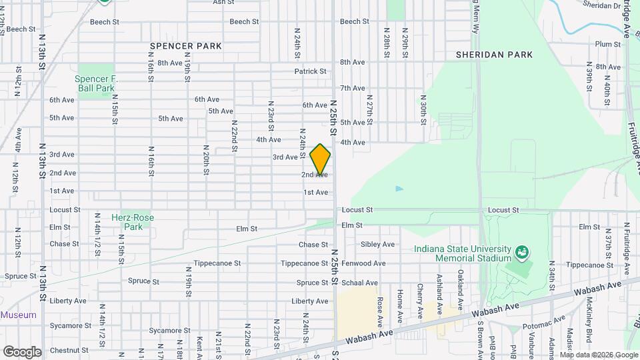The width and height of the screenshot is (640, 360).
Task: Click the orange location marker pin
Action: [x=320, y=159]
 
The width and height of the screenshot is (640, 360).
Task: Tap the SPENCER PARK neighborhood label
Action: [x=185, y=46]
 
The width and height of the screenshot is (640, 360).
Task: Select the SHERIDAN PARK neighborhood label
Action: [x=495, y=55]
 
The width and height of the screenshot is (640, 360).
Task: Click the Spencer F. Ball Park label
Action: [x=96, y=83]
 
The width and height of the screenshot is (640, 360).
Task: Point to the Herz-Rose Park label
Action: [x=132, y=222]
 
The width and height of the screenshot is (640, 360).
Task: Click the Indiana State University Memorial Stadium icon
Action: [x=523, y=253]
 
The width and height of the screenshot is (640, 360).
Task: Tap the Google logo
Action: [x=22, y=351]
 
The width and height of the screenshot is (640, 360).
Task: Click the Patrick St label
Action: [x=310, y=71]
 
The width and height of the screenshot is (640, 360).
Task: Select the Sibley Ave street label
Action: [x=377, y=245]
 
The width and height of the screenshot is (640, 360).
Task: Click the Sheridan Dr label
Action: [x=601, y=5]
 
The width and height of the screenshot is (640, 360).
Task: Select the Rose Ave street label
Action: [x=379, y=307]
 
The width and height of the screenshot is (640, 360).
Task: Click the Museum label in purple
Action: [x=18, y=315]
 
